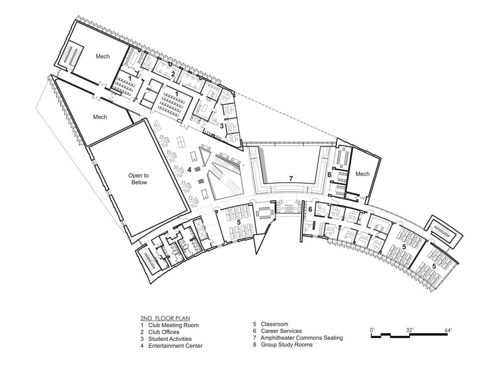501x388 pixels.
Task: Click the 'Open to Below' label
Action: [139, 179]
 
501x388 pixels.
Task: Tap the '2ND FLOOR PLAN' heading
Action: [165, 318]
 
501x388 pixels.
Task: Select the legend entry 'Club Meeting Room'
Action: [173, 325]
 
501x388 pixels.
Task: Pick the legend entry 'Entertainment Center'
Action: [175, 346]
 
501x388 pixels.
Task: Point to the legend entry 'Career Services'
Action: [281, 331]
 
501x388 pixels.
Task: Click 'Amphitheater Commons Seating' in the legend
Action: [302, 338]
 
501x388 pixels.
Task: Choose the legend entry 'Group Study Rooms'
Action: [287, 345]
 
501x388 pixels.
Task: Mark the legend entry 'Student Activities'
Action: [170, 339]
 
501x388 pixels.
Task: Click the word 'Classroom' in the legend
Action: [275, 324]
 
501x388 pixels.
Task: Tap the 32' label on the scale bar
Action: [410, 330]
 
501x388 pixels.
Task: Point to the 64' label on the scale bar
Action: [448, 330]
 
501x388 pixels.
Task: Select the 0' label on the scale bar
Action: [372, 330]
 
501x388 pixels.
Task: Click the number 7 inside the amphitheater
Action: [291, 179]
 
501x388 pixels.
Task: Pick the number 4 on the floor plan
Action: [189, 170]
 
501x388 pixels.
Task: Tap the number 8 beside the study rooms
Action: [329, 175]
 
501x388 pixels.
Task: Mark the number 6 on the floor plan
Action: [310, 210]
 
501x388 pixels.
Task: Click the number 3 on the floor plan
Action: [222, 126]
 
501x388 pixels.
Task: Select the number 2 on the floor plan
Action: [173, 74]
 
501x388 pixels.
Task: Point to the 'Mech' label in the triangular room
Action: [100, 117]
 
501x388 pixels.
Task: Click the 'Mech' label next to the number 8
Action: [362, 174]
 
